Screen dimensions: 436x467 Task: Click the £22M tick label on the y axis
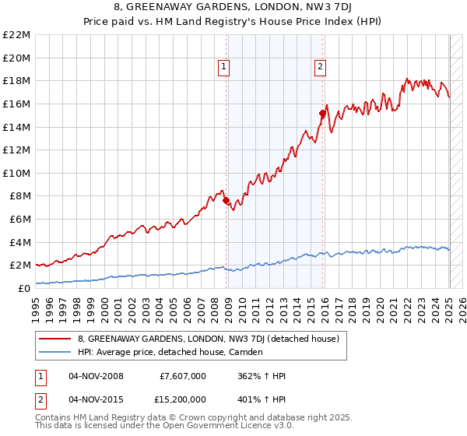coord(16,35)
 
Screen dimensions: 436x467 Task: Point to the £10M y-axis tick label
coord(16,173)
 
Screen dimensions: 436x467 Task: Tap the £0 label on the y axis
coord(23,288)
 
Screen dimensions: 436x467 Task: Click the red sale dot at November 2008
coord(226,201)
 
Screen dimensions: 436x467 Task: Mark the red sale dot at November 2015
coord(322,114)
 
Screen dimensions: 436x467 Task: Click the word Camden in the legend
coord(245,352)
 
